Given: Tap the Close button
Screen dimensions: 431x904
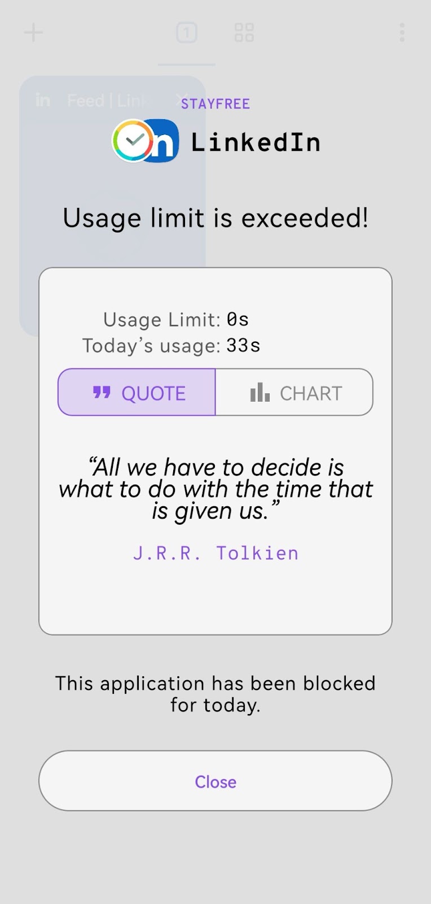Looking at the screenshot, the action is point(215,780).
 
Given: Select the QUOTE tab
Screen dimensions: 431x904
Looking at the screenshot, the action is point(137,392).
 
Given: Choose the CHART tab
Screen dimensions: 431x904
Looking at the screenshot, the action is point(294,392).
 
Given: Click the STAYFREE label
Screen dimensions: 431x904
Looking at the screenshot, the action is point(215,104).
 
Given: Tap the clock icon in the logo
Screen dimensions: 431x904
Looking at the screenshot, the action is point(133,141).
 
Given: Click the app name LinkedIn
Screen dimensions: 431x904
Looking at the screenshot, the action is point(256,142).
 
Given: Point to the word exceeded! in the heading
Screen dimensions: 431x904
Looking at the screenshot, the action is point(305,218).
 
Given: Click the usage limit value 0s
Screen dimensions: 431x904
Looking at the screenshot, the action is point(238,319).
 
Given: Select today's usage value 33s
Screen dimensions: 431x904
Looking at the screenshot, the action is point(243,345).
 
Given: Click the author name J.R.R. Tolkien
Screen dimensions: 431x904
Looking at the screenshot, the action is point(216,553).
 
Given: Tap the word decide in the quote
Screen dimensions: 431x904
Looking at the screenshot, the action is point(286,467).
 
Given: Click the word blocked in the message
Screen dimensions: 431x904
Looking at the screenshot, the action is point(339,683).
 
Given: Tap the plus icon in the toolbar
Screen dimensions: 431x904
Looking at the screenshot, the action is point(33,32).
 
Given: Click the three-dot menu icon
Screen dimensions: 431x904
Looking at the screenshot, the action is point(402,32).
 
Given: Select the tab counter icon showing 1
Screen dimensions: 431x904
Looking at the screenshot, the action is point(187,32).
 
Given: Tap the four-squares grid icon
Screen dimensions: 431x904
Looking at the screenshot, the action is point(244,32).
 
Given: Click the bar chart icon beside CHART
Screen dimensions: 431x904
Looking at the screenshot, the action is point(260,392).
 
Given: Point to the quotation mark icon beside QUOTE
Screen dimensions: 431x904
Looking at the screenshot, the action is point(102,392).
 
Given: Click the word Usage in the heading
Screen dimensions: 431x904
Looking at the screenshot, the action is point(102,218).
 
